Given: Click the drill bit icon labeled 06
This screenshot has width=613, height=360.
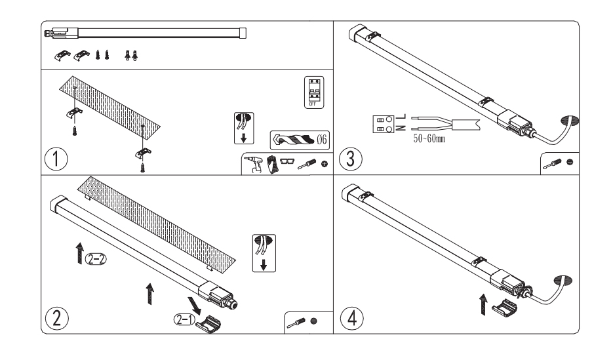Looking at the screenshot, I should pos(300,140).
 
